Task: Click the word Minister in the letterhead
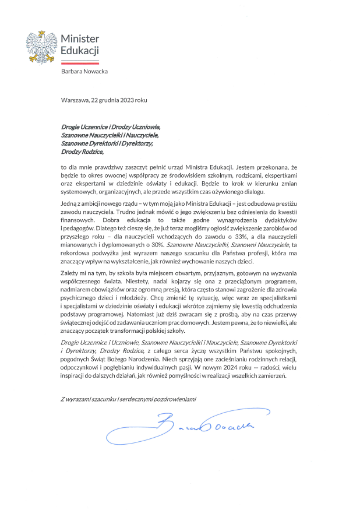(x=80, y=38)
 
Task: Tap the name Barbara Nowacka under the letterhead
(x=84, y=71)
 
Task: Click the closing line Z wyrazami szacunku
(x=129, y=399)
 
